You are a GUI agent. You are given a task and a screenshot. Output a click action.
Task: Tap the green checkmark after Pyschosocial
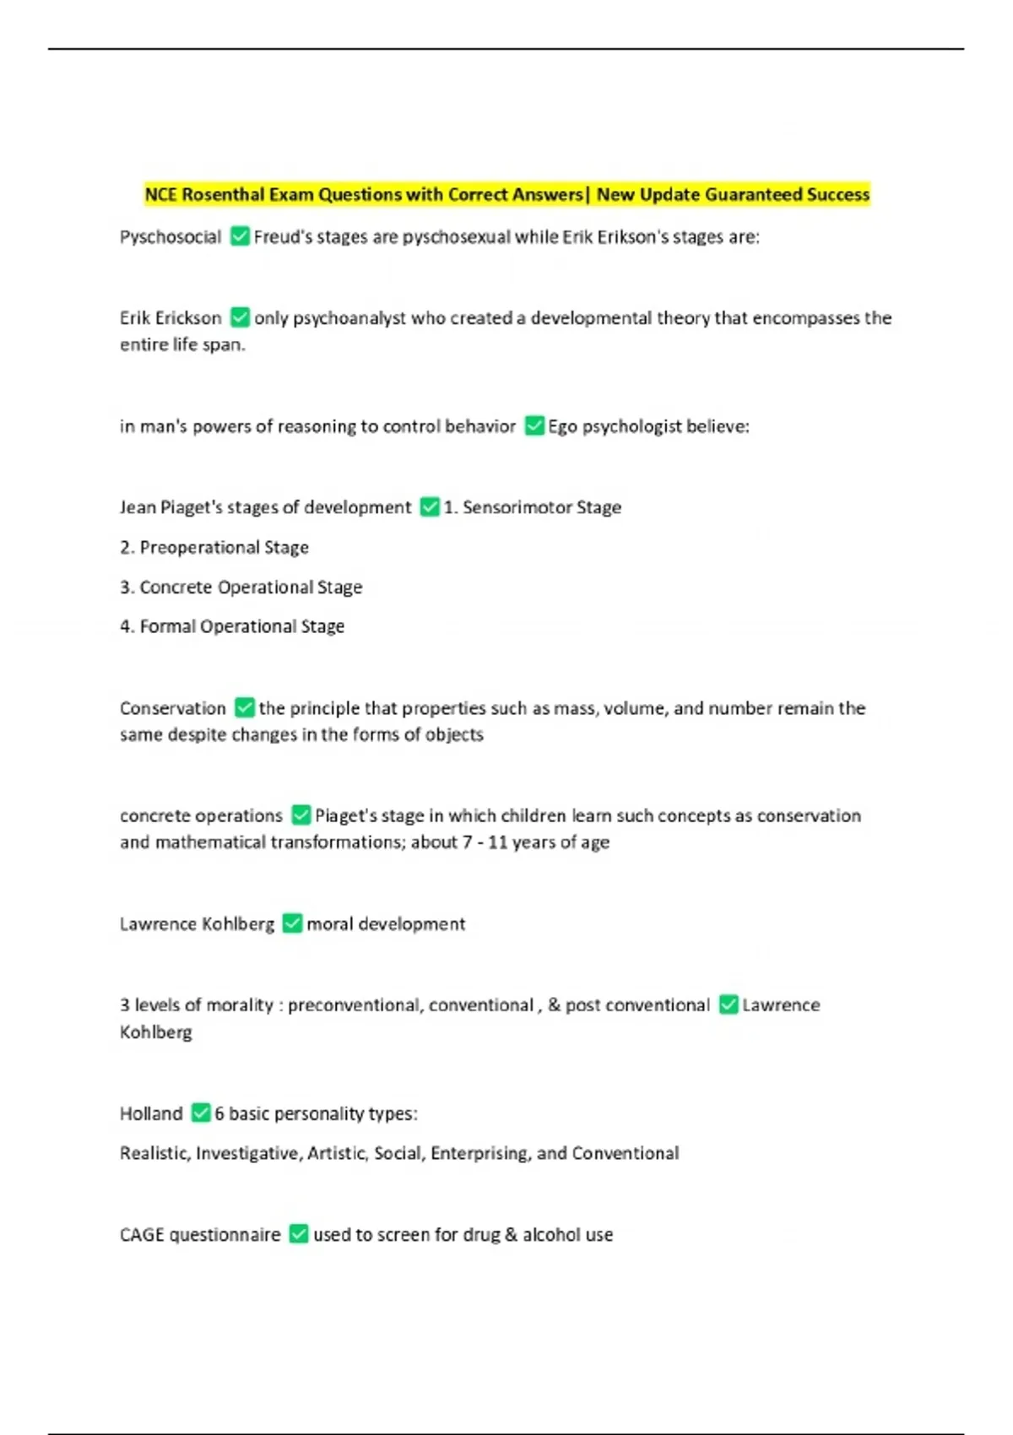[240, 236]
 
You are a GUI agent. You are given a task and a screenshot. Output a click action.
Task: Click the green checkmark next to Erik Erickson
[240, 317]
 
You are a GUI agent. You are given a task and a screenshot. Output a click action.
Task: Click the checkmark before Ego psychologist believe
[534, 425]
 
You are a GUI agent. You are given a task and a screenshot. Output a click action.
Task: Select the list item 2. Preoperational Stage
[214, 548]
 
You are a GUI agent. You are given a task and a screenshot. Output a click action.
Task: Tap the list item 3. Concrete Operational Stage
[241, 588]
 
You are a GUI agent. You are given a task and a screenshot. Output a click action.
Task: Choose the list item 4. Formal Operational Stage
[232, 626]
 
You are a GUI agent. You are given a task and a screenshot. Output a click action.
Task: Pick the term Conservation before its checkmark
[173, 708]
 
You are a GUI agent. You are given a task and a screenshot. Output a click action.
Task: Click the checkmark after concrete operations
[301, 815]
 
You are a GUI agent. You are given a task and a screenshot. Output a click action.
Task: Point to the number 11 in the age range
[497, 842]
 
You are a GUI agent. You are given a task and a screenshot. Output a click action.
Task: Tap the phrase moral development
[386, 924]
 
